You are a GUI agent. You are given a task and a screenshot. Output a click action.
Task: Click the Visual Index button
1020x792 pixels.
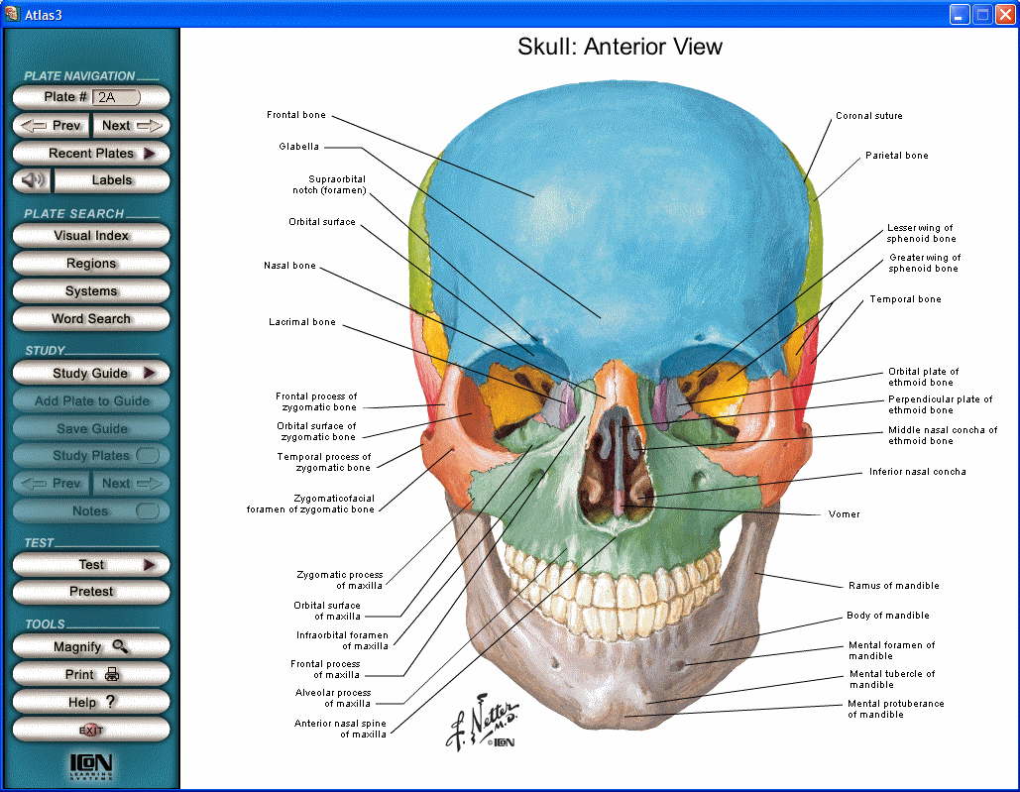[x=91, y=236]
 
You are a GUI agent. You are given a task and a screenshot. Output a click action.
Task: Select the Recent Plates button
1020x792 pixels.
[x=91, y=154]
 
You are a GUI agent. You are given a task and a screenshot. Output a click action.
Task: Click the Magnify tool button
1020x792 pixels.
[x=91, y=646]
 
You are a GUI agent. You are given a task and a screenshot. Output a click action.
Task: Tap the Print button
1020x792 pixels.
[x=91, y=674]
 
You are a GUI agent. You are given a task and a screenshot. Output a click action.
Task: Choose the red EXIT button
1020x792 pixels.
[x=91, y=730]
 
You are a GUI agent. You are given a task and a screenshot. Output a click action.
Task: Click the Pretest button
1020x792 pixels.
[x=91, y=592]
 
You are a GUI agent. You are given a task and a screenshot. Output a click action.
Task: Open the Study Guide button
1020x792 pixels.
[x=91, y=374]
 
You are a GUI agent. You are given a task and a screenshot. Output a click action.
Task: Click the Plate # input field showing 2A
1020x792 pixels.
[x=116, y=97]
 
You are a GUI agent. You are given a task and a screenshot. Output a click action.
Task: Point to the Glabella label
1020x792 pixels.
[x=298, y=147]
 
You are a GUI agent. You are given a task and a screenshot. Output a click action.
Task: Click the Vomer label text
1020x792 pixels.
[x=844, y=514]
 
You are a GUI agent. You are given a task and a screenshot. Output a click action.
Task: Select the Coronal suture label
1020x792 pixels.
[x=868, y=116]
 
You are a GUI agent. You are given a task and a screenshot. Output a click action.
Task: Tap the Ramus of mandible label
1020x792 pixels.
[x=893, y=586]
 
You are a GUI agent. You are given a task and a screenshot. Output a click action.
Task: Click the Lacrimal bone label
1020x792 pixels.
[x=301, y=322]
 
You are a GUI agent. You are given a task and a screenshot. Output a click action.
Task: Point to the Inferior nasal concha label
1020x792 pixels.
[x=917, y=472]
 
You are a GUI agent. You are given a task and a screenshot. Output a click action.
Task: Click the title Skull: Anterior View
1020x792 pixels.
[x=620, y=47]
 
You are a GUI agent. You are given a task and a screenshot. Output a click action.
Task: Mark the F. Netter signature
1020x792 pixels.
[x=471, y=722]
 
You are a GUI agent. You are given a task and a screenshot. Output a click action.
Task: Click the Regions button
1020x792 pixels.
[x=91, y=264]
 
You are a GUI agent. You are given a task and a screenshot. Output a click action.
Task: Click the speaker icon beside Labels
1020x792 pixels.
[x=33, y=180]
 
